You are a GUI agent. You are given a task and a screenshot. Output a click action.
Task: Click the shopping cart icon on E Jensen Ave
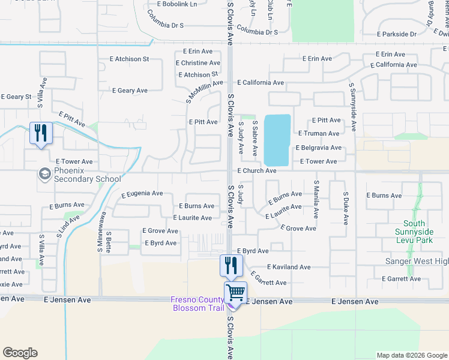235,293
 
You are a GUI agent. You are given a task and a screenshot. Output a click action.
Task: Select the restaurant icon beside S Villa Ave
41,133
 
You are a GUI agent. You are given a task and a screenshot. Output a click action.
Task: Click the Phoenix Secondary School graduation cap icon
44,174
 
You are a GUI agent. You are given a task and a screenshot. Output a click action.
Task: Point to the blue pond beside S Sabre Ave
277,140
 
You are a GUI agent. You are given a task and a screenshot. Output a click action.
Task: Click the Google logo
20,353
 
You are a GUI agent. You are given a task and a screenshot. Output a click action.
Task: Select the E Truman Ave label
318,134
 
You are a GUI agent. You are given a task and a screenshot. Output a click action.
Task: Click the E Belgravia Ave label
319,148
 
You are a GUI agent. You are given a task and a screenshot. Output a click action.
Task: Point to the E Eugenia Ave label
142,194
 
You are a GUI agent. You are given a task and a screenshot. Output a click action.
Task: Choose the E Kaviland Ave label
289,267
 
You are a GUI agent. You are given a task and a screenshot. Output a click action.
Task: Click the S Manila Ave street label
316,199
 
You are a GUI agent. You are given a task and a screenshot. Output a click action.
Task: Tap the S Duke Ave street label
346,209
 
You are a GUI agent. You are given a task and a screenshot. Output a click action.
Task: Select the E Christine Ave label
197,63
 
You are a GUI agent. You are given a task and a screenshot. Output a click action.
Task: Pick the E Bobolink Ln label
177,4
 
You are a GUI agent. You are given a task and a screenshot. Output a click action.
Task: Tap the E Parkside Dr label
396,34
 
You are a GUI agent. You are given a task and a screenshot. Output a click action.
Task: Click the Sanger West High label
416,262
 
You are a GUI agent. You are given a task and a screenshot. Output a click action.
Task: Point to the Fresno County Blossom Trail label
196,304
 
